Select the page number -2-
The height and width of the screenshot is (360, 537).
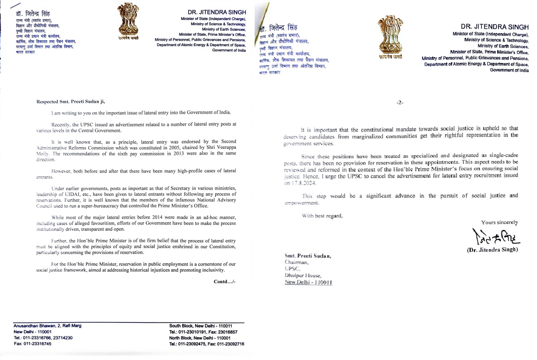click(x=400, y=102)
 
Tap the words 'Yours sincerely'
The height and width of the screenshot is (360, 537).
click(x=499, y=222)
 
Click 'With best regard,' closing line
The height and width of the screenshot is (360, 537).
click(x=322, y=216)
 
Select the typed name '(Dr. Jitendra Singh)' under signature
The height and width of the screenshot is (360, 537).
click(x=492, y=250)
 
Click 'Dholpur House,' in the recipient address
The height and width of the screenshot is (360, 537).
click(x=302, y=275)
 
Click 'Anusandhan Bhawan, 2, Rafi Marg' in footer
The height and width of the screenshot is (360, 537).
click(x=47, y=326)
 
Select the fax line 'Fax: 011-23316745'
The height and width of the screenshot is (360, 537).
click(x=32, y=344)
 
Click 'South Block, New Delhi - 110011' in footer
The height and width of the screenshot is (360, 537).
click(x=200, y=326)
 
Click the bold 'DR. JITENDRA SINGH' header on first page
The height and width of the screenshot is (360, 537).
click(x=220, y=13)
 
